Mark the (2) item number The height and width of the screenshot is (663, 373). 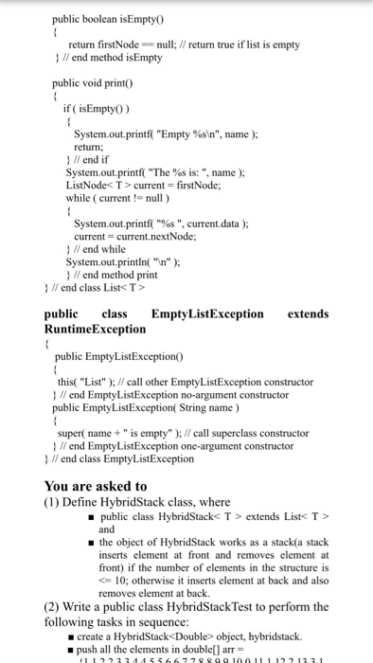(x=54, y=606)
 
